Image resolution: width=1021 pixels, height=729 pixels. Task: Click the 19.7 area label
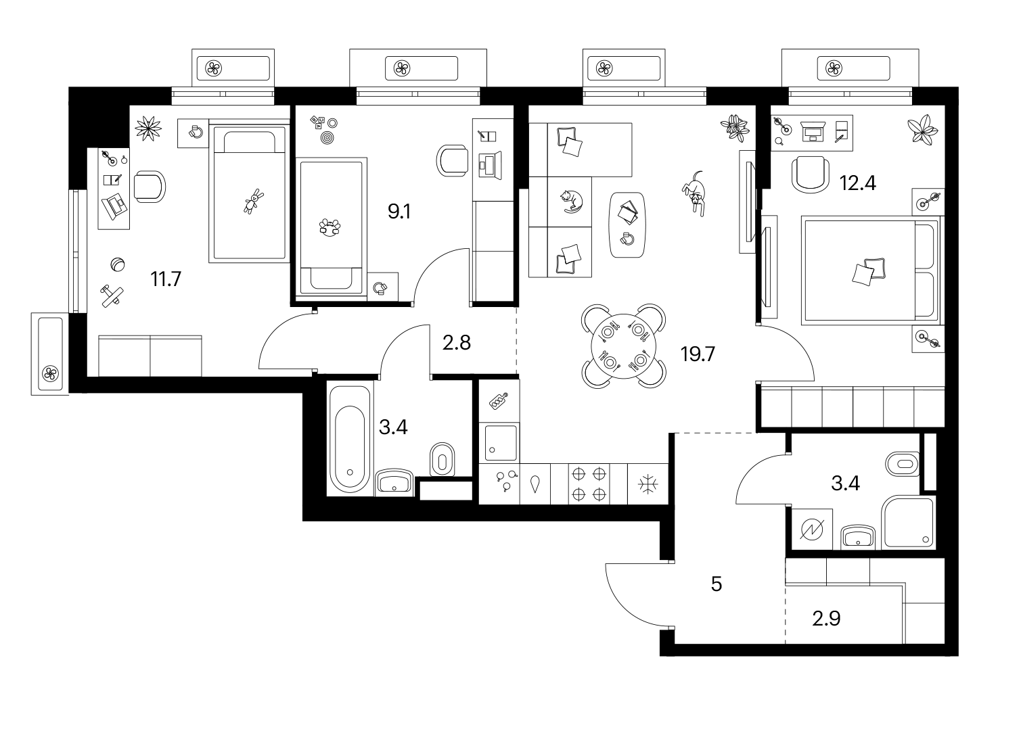click(x=698, y=354)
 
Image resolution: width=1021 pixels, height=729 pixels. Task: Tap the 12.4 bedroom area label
click(x=858, y=183)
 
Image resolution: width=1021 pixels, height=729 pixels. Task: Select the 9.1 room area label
click(x=399, y=212)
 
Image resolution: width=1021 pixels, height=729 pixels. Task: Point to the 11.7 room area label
click(x=166, y=279)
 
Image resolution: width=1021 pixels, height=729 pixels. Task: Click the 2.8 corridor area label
click(x=457, y=343)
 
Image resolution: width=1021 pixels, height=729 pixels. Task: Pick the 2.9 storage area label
click(x=826, y=618)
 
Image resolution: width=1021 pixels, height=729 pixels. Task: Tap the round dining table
click(x=624, y=346)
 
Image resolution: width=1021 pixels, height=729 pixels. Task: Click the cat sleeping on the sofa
click(x=571, y=202)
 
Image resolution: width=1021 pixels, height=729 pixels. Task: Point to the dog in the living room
click(x=694, y=193)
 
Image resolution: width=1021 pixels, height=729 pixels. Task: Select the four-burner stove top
click(x=589, y=484)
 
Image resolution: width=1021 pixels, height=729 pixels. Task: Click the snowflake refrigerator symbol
click(x=648, y=484)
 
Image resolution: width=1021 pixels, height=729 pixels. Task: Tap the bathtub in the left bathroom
click(x=350, y=441)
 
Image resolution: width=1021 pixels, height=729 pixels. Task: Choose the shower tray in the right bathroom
click(x=908, y=523)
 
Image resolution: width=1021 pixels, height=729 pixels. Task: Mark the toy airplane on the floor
click(x=112, y=296)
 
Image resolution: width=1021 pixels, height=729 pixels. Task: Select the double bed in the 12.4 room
click(x=871, y=271)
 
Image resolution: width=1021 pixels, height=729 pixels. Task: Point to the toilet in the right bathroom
click(x=902, y=465)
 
